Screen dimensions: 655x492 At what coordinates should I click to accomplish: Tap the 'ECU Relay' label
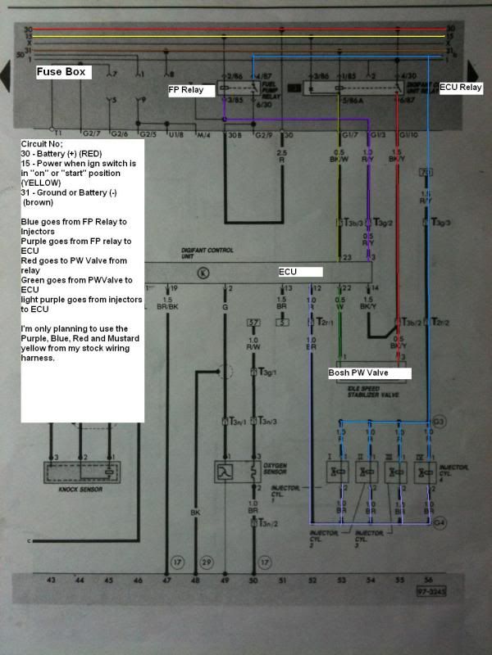(x=461, y=86)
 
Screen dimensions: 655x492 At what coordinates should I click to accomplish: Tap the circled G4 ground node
(x=440, y=521)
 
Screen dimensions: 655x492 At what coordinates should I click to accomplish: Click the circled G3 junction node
(x=440, y=422)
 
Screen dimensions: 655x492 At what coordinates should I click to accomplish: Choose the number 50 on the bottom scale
(x=253, y=580)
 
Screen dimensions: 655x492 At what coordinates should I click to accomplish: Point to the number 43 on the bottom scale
(x=52, y=580)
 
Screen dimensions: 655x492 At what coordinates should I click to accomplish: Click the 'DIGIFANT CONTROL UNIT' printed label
(x=203, y=254)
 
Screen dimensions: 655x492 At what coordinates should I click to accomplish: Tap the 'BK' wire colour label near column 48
(x=195, y=513)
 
